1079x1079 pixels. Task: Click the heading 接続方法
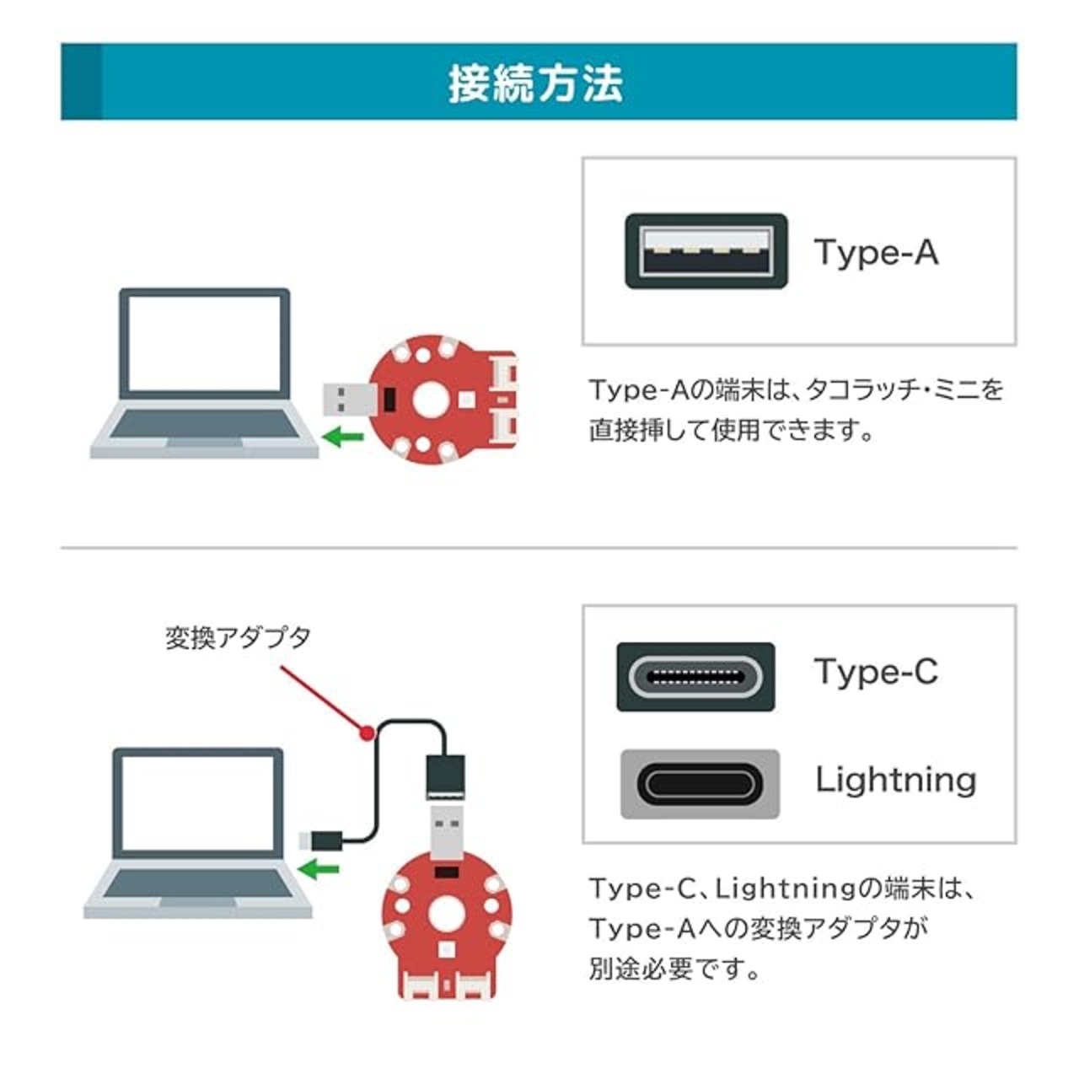536,83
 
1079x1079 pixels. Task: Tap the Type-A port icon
706,251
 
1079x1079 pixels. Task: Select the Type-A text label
876,251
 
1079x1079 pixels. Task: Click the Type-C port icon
695,677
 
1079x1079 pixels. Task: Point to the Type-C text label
876,672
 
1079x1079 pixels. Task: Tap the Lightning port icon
700,784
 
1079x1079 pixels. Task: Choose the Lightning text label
895,780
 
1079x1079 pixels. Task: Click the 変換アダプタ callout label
238,637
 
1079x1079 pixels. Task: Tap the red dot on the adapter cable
367,733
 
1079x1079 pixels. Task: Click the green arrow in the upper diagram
343,436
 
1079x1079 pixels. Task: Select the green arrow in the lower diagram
320,867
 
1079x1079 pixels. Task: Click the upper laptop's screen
204,343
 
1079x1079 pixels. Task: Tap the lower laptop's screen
198,803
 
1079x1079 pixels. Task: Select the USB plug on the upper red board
347,399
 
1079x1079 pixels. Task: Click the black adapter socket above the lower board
445,776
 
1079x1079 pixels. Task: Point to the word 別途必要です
674,969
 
